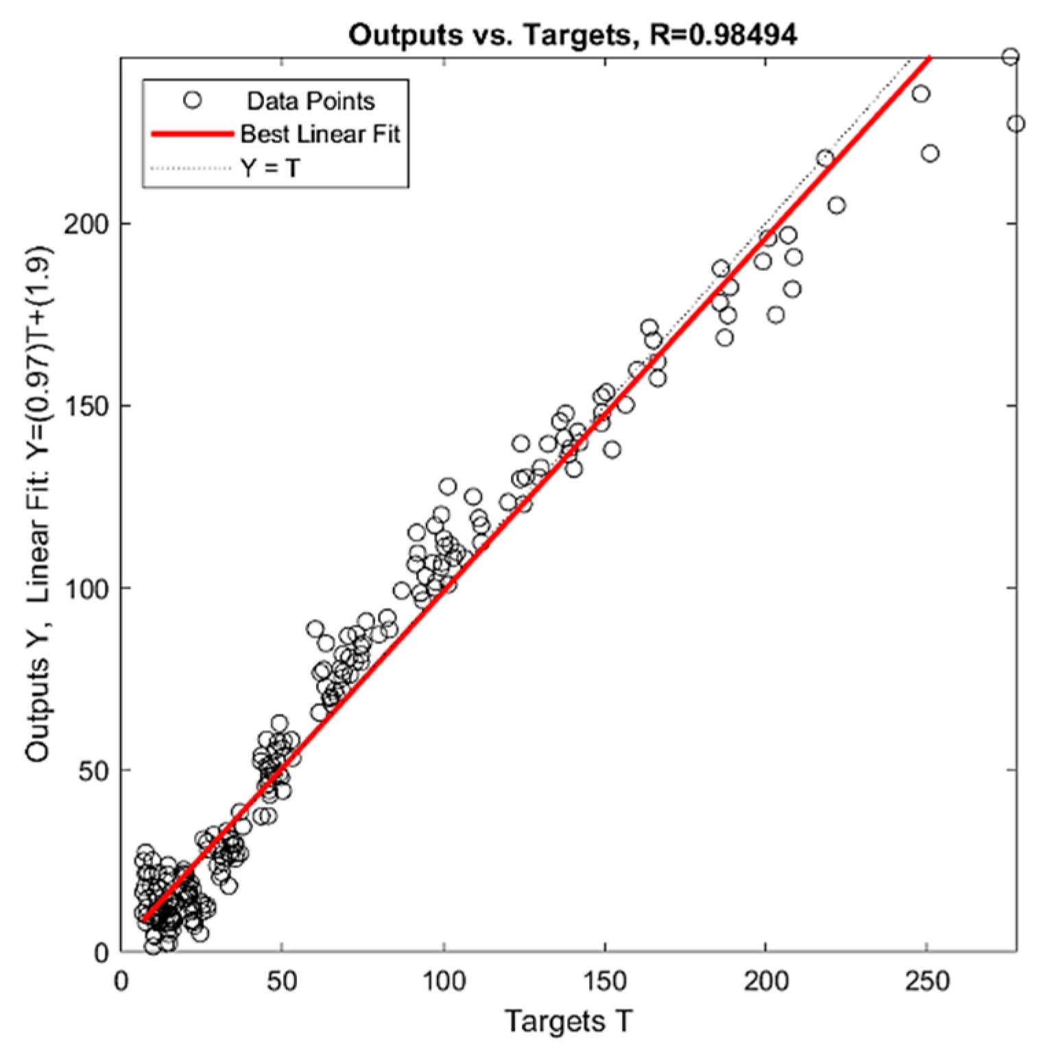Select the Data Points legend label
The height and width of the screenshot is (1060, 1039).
(311, 101)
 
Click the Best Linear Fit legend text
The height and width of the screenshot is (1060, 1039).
(320, 134)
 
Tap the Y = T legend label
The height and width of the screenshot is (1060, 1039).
(270, 167)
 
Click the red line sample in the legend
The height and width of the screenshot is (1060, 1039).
(192, 134)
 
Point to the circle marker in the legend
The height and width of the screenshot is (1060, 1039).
(193, 100)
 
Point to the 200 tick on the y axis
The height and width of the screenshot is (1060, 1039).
(86, 224)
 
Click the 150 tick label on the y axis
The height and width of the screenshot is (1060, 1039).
(86, 406)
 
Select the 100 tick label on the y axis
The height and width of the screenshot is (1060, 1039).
(86, 589)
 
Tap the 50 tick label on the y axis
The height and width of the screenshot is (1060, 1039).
(93, 770)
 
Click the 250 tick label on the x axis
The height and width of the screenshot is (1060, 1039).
(927, 982)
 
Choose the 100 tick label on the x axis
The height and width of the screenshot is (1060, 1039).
(444, 982)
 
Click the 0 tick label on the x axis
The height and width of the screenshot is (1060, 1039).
(121, 982)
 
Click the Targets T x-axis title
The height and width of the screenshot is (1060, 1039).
(568, 1021)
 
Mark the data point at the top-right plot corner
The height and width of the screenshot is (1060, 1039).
(1010, 57)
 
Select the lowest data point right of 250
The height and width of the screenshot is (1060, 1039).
(930, 154)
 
